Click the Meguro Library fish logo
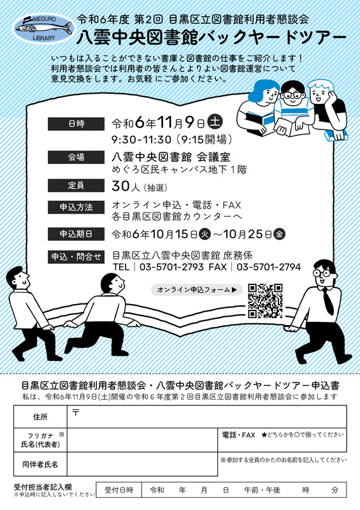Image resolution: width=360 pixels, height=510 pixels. click(43, 28)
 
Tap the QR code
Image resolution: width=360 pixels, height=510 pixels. click(265, 301)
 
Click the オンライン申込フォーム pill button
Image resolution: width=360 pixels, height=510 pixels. click(197, 289)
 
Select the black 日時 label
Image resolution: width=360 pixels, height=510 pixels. click(76, 124)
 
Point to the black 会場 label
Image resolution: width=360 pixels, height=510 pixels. click(76, 157)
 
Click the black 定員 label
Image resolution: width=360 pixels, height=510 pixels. click(76, 186)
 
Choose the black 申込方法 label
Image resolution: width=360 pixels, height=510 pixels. click(76, 207)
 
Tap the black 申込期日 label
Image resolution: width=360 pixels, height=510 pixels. click(76, 234)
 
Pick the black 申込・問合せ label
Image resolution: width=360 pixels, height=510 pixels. click(76, 257)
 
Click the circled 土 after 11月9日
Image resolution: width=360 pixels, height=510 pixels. click(215, 122)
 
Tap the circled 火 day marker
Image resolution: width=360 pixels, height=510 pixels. click(205, 234)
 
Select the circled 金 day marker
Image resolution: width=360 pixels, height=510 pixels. click(279, 234)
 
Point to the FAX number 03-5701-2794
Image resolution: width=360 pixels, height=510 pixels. click(269, 267)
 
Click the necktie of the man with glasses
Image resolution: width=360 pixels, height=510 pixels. click(328, 301)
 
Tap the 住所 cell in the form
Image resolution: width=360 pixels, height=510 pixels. click(40, 417)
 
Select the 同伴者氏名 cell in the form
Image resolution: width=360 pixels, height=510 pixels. click(40, 464)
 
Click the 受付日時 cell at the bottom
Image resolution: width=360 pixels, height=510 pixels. click(119, 490)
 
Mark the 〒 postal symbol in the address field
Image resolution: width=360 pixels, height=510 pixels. click(76, 412)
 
